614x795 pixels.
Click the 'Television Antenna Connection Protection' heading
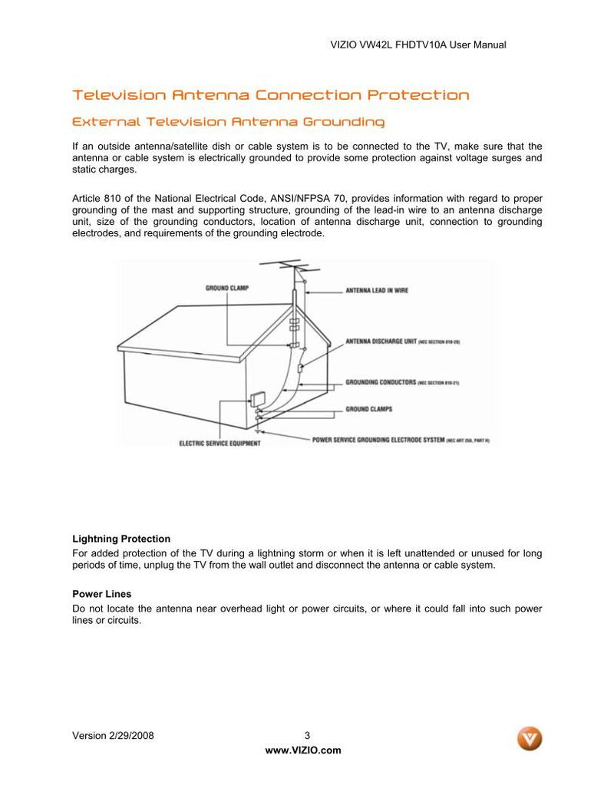point(270,95)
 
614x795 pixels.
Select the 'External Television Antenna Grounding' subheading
point(228,122)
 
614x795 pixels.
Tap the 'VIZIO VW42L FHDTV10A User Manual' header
point(418,45)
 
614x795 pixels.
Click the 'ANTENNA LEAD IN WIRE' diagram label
point(377,291)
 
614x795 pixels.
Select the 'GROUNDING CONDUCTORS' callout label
point(381,381)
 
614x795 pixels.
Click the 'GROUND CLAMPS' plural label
point(369,409)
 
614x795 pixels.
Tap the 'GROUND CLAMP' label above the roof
point(227,289)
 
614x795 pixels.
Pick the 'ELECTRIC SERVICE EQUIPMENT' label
point(220,443)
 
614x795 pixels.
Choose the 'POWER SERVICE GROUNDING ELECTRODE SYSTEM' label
point(378,440)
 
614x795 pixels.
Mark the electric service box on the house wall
point(257,400)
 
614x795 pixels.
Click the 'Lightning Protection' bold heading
point(121,539)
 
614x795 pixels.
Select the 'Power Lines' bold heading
point(101,594)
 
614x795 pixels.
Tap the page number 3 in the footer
point(307,735)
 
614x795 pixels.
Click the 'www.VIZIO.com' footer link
point(303,750)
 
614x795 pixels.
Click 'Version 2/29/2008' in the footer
point(113,735)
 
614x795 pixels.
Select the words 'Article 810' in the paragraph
point(97,198)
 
